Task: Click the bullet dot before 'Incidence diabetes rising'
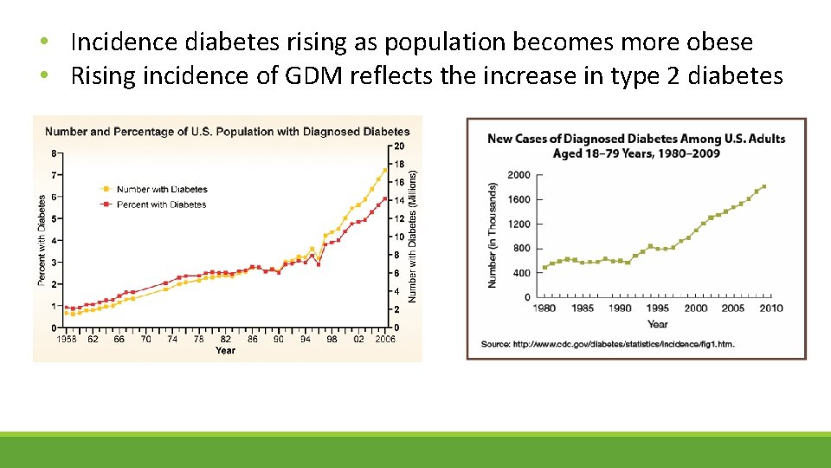point(44,42)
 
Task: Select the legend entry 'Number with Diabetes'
point(161,189)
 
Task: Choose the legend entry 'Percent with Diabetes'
point(161,205)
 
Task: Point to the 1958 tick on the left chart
point(67,340)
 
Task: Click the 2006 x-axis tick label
point(385,340)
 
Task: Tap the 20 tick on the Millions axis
point(398,145)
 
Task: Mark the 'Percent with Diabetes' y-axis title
point(42,240)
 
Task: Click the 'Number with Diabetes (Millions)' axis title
point(414,236)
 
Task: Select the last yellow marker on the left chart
point(385,170)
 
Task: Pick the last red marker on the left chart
point(385,198)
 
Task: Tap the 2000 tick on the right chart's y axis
point(519,175)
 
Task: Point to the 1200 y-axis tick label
point(519,224)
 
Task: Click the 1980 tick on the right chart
point(544,309)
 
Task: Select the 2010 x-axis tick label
point(770,309)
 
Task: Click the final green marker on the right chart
point(763,186)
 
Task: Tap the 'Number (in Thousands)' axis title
point(493,235)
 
